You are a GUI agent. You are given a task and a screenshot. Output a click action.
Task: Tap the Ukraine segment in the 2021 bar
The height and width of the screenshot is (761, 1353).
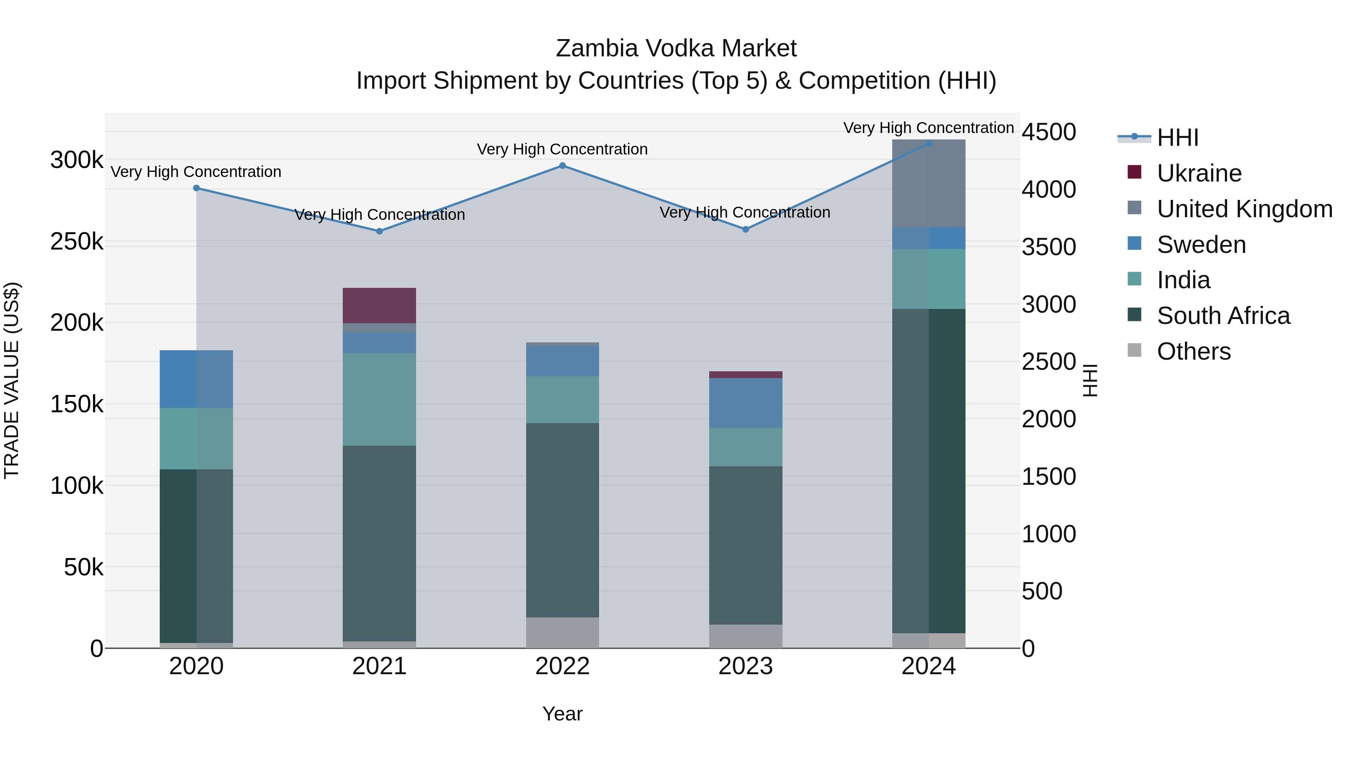pos(379,305)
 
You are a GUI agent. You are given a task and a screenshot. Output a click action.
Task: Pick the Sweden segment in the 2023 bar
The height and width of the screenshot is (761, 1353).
pos(745,403)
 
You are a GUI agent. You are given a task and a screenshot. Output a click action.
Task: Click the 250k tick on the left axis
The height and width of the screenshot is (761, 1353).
pos(77,242)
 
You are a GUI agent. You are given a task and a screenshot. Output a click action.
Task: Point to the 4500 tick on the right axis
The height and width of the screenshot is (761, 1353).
pos(1048,132)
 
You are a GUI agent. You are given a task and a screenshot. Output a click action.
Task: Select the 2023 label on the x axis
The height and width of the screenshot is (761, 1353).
pos(745,666)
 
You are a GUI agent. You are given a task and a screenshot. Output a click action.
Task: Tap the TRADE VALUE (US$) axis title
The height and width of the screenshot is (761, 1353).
pos(12,380)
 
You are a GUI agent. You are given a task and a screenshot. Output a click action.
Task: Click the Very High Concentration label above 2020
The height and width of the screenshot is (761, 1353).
pos(196,172)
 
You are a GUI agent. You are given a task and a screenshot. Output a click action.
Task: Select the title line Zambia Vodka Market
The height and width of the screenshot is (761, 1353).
pos(676,48)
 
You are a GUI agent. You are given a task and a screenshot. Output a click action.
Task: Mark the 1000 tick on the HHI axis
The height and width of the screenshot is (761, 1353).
pos(1048,534)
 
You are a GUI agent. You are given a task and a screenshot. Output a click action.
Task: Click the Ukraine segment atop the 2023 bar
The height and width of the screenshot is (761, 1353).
pos(745,374)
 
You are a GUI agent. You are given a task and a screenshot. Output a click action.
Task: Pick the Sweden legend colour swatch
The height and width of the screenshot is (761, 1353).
pos(1135,243)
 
